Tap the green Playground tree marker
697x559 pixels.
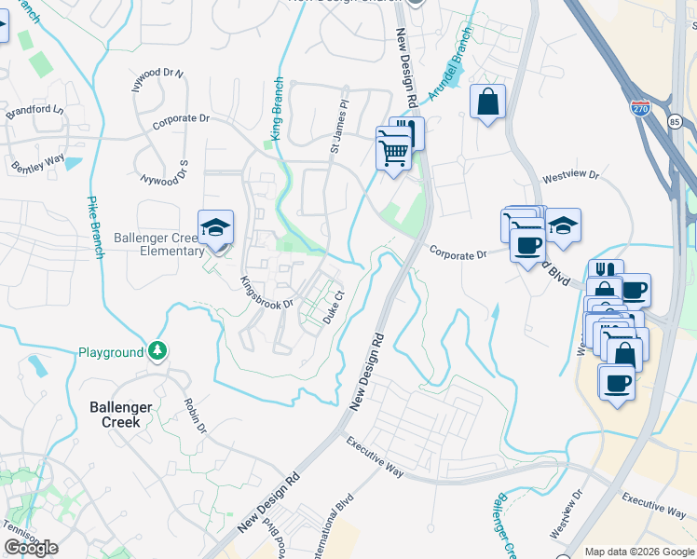click(159, 351)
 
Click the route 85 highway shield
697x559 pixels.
click(675, 122)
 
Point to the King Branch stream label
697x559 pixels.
click(276, 121)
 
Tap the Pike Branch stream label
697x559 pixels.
click(95, 226)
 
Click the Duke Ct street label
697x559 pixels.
click(334, 307)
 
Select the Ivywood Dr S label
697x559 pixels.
click(164, 173)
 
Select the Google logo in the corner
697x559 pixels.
click(32, 548)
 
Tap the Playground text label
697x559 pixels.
click(110, 352)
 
